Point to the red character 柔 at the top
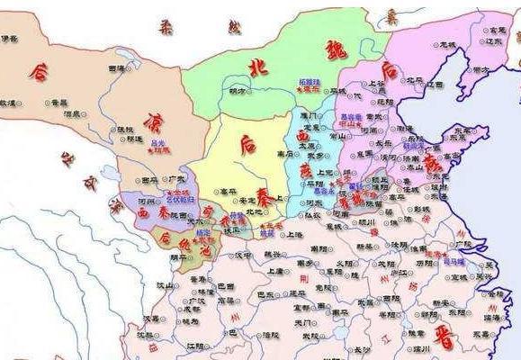point(166,29)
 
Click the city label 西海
point(116,68)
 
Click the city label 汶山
point(165,284)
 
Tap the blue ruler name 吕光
point(158,142)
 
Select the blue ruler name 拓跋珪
point(310,82)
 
